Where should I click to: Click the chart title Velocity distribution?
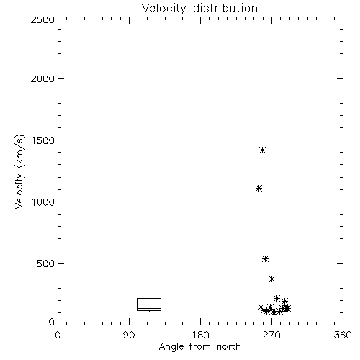point(199,9)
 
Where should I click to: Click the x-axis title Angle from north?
point(199,347)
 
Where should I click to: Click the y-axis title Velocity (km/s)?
point(19,171)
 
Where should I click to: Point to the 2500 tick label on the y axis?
point(42,19)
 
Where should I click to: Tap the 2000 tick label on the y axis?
point(42,79)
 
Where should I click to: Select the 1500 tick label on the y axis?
point(43,140)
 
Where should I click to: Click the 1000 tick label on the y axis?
point(43,202)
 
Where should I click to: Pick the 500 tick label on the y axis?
point(46,264)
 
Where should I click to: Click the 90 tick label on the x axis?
point(129,335)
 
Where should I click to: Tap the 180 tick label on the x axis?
point(200,335)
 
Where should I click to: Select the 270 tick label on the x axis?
point(271,335)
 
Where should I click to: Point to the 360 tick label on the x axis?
point(343,335)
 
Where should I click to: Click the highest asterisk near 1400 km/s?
point(263,150)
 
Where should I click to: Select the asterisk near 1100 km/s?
point(258,189)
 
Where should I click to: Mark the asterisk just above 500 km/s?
point(265,258)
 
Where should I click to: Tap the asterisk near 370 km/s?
point(271,279)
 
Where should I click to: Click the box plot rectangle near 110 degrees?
point(149,298)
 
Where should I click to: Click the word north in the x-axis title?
point(229,347)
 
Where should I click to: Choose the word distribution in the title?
point(225,9)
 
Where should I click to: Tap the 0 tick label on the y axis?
point(52,322)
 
